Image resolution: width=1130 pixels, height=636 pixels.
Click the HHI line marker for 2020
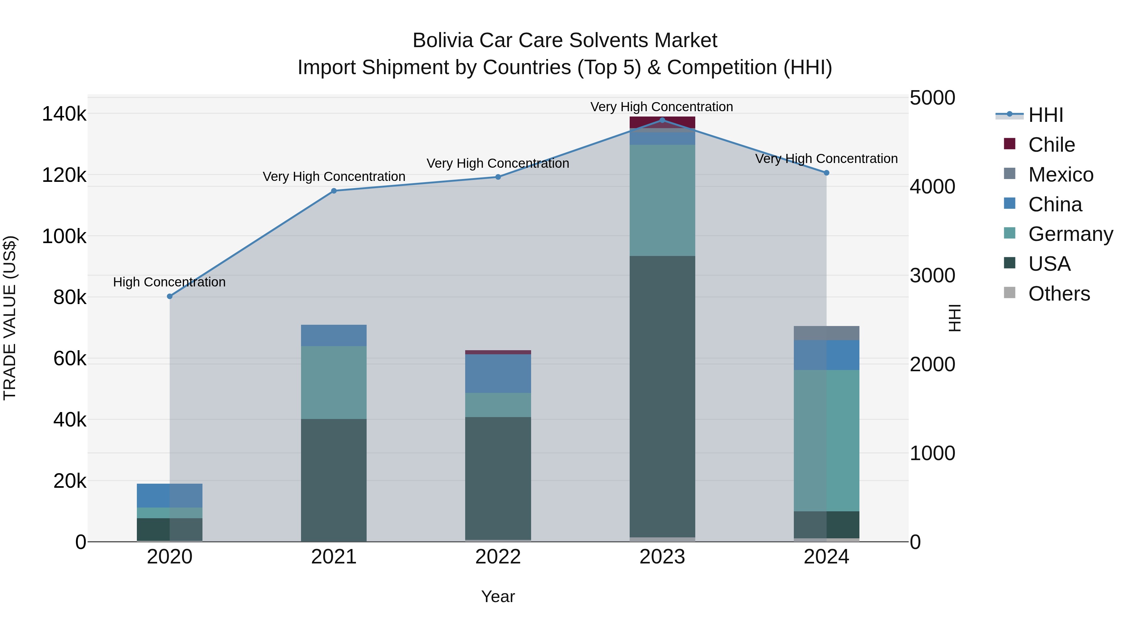tap(170, 296)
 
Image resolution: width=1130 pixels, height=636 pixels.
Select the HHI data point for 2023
tap(662, 120)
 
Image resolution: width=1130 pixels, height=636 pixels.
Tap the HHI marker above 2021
tap(334, 191)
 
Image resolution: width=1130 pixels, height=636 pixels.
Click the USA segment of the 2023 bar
tap(662, 395)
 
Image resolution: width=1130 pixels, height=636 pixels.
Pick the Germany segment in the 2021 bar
tap(334, 382)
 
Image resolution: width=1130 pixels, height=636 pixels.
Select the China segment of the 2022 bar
tap(498, 373)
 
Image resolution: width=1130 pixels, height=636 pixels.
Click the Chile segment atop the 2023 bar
tap(662, 122)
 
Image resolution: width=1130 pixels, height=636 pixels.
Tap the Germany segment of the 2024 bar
tap(826, 440)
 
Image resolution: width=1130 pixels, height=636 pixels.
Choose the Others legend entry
tap(1058, 294)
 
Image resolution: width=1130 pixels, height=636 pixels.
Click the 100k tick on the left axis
tap(64, 236)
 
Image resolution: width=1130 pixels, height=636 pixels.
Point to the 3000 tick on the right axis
tap(932, 276)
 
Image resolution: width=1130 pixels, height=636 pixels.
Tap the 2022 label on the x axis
tap(498, 557)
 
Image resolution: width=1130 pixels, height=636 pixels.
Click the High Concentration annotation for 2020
tap(169, 282)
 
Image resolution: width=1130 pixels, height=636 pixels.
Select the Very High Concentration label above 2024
tap(826, 159)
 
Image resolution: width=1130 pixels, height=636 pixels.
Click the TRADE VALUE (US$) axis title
tap(10, 318)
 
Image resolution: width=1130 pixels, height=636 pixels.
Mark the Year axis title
tap(498, 596)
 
